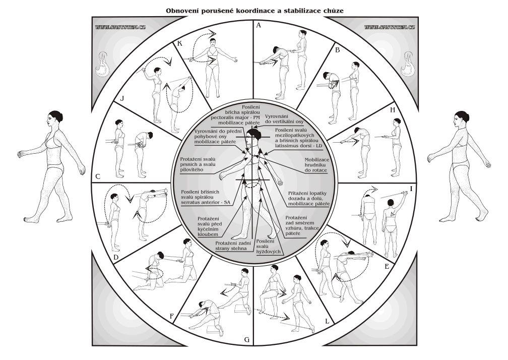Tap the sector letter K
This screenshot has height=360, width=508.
tap(180, 44)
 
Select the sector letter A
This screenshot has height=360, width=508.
tap(259, 24)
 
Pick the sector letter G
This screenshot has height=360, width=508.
tap(246, 339)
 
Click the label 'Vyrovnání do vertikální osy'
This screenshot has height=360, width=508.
tap(284, 118)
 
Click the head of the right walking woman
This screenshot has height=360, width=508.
tap(459, 121)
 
